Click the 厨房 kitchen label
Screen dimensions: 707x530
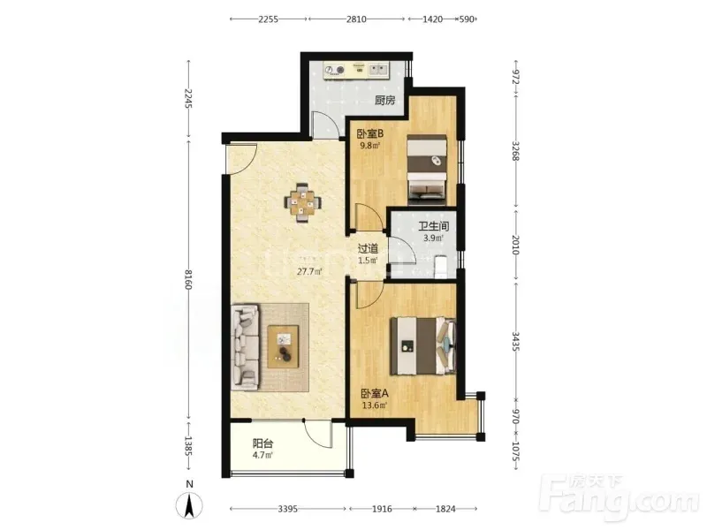click(384, 100)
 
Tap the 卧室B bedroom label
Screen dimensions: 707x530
click(369, 134)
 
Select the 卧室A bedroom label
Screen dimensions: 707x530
click(375, 393)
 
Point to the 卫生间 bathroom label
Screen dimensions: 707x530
click(433, 227)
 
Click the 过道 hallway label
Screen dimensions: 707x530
click(368, 248)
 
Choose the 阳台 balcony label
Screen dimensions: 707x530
click(262, 443)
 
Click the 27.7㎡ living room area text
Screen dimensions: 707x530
click(308, 272)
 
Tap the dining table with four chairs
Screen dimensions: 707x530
click(303, 203)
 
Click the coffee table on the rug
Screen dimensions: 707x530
click(283, 346)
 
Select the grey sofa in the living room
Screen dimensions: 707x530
click(246, 347)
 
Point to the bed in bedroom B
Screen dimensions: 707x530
click(427, 167)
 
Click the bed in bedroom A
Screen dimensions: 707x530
click(423, 346)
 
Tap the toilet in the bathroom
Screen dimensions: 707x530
click(440, 267)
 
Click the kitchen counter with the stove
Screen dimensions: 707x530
click(356, 71)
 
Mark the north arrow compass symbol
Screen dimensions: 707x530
click(190, 504)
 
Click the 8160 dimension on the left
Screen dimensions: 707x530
click(188, 279)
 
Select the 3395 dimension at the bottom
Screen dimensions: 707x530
click(288, 509)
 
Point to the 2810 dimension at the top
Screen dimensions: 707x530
click(356, 19)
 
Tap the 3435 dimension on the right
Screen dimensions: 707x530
click(516, 342)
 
